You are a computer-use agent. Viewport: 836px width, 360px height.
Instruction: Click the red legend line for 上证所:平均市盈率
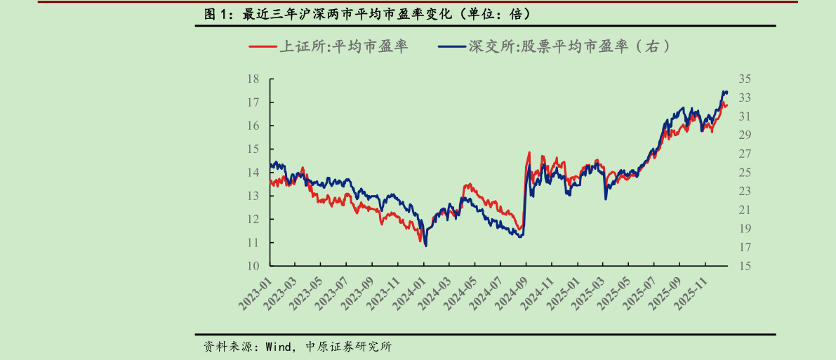point(263,47)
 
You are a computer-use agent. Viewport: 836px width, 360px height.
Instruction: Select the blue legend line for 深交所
point(452,47)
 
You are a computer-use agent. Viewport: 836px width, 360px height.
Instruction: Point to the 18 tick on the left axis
point(254,79)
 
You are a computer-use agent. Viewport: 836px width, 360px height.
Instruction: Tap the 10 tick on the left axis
point(254,266)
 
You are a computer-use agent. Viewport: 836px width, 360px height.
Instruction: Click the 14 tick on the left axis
point(254,173)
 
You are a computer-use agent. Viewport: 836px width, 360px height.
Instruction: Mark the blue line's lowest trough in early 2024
point(426,245)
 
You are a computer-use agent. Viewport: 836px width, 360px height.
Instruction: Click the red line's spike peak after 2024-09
point(529,152)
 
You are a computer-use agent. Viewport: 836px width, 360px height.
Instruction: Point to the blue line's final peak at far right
point(725,91)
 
